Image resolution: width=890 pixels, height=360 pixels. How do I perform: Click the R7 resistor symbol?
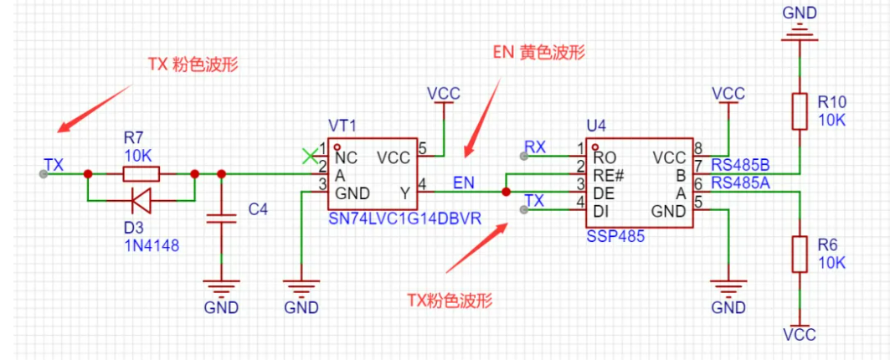141,174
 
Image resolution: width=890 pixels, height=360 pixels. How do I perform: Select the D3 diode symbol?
141,199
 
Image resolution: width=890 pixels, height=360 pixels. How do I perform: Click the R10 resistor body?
799,111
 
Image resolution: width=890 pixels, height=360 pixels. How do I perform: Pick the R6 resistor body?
799,253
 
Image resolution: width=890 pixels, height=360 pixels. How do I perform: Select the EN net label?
465,182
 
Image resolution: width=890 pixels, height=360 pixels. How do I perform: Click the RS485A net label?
741,183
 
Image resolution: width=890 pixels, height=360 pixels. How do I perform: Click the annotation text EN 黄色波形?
538,52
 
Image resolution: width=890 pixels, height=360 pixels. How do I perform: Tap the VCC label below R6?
799,335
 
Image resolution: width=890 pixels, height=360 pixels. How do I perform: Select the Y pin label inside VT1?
405,193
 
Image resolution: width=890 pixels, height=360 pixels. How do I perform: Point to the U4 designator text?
596,126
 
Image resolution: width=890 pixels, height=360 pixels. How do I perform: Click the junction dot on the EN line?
506,192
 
